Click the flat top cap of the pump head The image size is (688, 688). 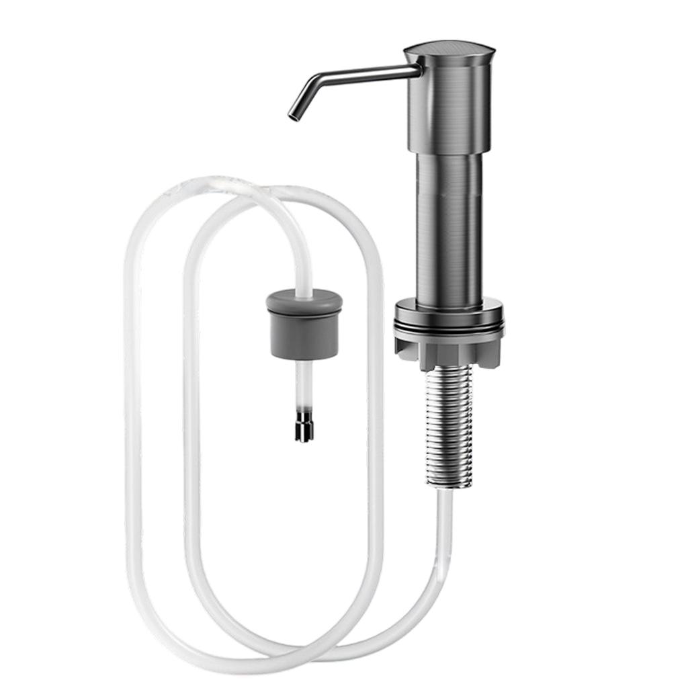[449, 49]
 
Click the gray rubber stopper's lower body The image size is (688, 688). [304, 336]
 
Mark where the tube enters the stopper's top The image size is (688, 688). [304, 290]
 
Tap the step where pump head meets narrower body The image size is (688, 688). [449, 153]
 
